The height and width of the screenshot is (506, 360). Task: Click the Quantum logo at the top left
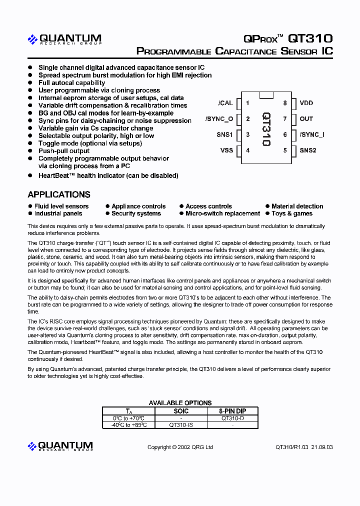(x=64, y=39)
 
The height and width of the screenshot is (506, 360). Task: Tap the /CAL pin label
(x=225, y=103)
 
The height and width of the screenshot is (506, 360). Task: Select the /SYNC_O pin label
(x=219, y=119)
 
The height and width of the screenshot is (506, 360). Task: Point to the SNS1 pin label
(x=224, y=134)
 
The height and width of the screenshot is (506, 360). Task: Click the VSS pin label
(x=226, y=150)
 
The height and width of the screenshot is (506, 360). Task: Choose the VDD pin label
(x=306, y=103)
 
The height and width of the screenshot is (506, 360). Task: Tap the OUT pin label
(x=306, y=119)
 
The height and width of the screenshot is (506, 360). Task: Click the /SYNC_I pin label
(x=312, y=134)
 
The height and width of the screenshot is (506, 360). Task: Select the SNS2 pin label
(x=308, y=150)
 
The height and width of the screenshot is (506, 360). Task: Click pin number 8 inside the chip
(x=285, y=103)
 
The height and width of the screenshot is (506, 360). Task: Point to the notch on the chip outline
(x=266, y=95)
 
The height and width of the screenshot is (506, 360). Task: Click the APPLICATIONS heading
(x=59, y=194)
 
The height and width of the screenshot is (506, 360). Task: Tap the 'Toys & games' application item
(x=291, y=213)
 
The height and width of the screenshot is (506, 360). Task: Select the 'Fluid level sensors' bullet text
(x=61, y=206)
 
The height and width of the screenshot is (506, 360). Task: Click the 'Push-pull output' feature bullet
(x=64, y=150)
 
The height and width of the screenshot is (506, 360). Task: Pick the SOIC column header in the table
(x=181, y=411)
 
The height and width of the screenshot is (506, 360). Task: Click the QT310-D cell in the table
(x=232, y=418)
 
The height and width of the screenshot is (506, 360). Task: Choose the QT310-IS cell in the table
(x=181, y=425)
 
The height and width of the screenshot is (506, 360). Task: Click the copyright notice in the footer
(x=180, y=447)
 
